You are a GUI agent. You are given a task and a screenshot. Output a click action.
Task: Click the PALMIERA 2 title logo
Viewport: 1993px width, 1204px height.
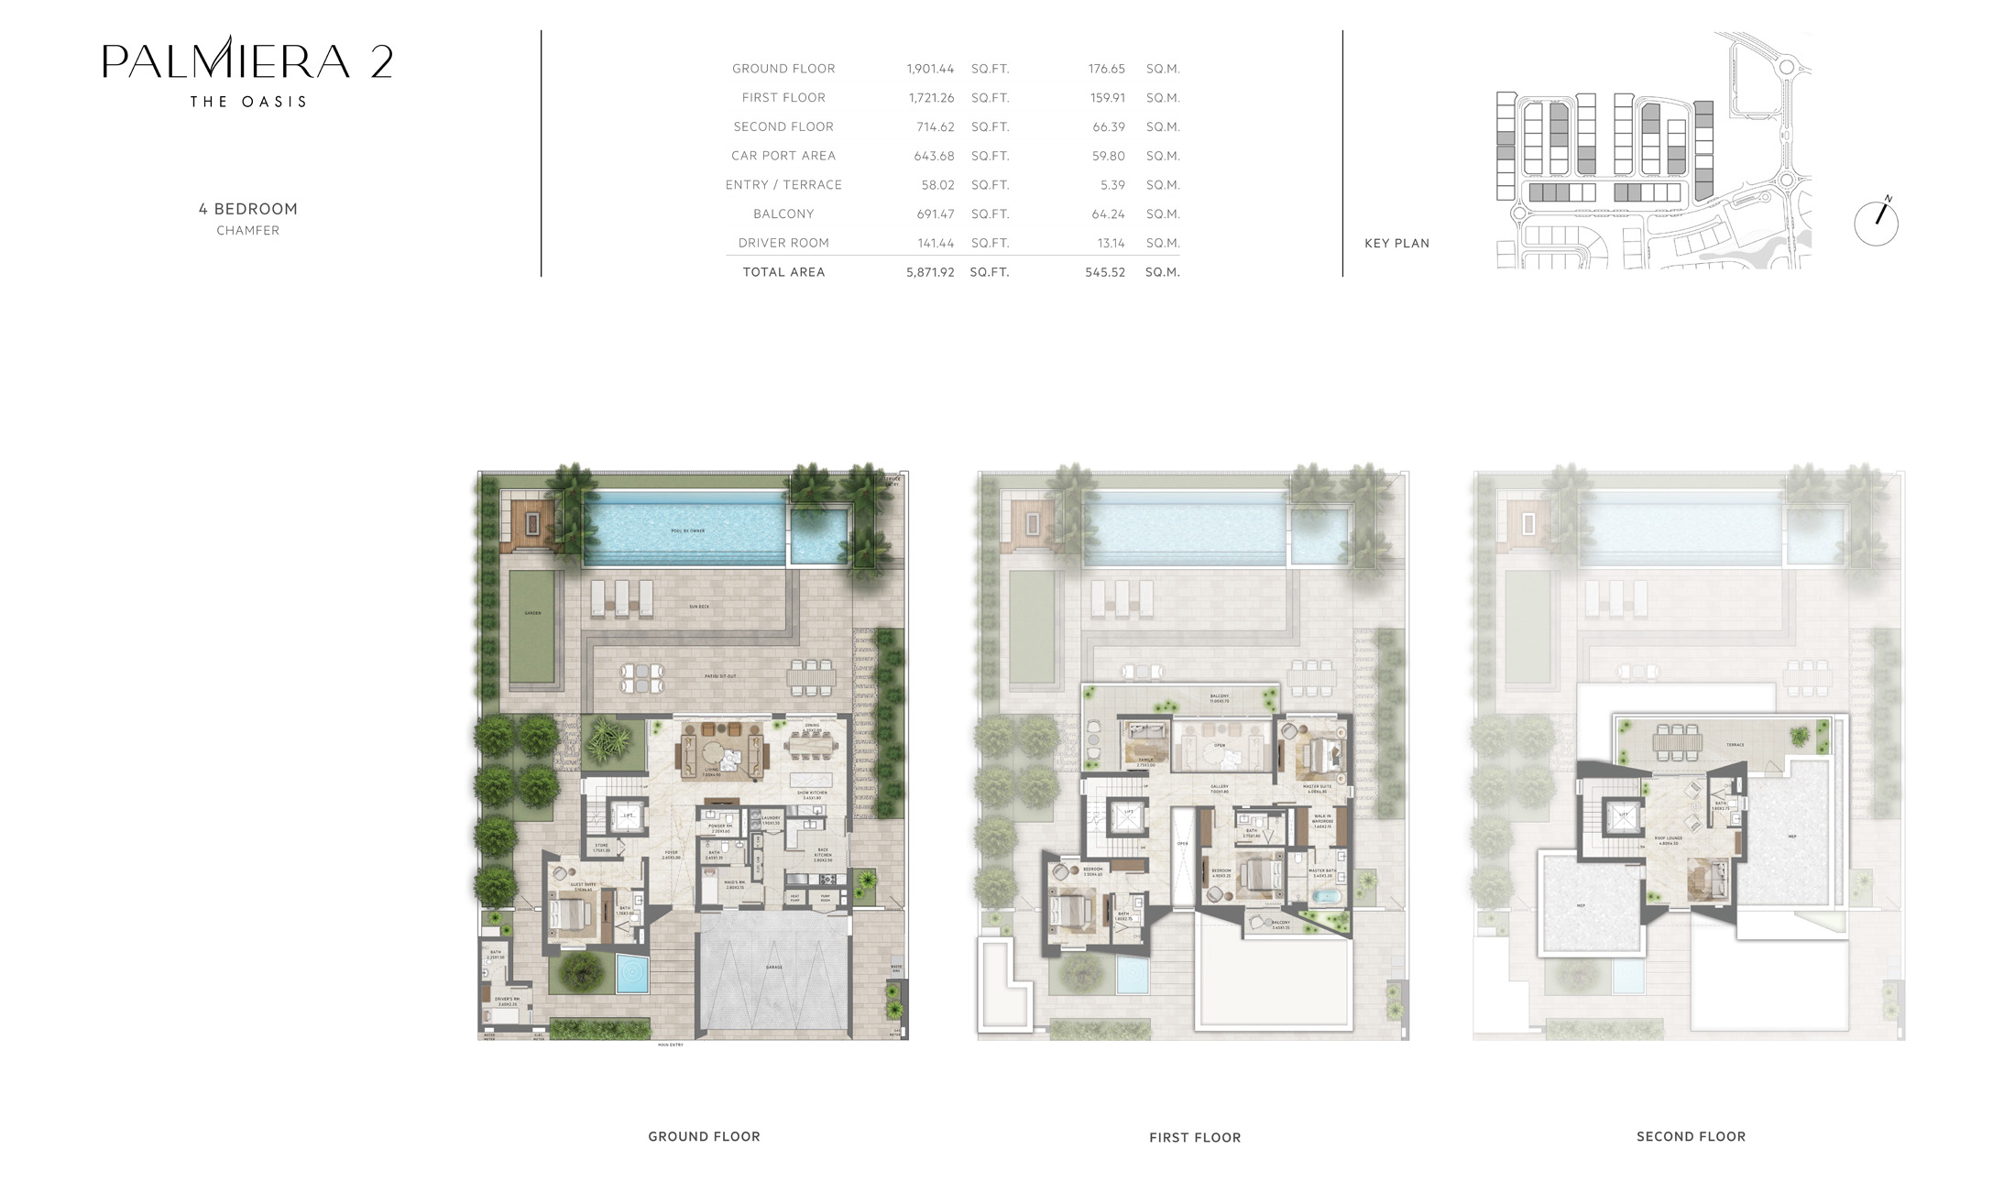pos(247,61)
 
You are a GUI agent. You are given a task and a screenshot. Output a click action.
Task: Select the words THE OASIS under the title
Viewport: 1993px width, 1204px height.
pos(247,102)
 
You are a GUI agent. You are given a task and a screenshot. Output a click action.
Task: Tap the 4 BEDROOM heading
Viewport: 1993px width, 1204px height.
pos(248,209)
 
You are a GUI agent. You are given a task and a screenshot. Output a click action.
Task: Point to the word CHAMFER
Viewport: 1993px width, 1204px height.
pos(248,231)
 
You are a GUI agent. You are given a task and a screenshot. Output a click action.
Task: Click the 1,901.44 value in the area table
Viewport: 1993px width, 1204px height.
pos(930,69)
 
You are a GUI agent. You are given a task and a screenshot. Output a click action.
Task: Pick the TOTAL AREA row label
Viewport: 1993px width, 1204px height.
pos(783,272)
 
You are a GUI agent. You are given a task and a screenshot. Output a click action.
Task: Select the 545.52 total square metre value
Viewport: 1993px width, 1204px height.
pos(1105,272)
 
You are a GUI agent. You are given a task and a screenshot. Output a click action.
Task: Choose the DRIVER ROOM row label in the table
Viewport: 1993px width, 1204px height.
pos(783,243)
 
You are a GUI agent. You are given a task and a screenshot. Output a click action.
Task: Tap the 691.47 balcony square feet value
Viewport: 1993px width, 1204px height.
pos(934,213)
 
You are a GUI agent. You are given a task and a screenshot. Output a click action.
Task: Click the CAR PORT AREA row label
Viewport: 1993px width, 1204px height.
pos(783,156)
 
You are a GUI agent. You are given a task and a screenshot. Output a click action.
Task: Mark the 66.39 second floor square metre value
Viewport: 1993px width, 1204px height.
pos(1109,126)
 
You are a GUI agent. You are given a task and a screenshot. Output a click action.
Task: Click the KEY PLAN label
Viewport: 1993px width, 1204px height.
pos(1396,244)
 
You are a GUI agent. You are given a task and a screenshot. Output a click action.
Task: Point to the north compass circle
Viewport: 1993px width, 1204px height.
pos(1876,224)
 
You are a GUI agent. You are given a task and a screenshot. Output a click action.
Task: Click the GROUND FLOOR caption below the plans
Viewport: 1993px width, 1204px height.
pos(704,1136)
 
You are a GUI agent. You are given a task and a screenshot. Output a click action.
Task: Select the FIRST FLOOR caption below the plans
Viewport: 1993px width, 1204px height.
pos(1195,1137)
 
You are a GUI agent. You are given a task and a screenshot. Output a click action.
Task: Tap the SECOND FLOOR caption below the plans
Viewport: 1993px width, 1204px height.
pos(1691,1136)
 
